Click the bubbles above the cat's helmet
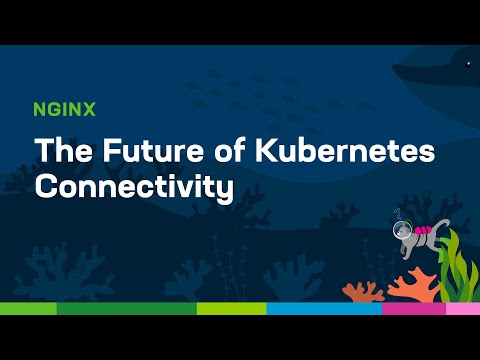click(x=396, y=213)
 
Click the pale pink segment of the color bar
click(x=462, y=308)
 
